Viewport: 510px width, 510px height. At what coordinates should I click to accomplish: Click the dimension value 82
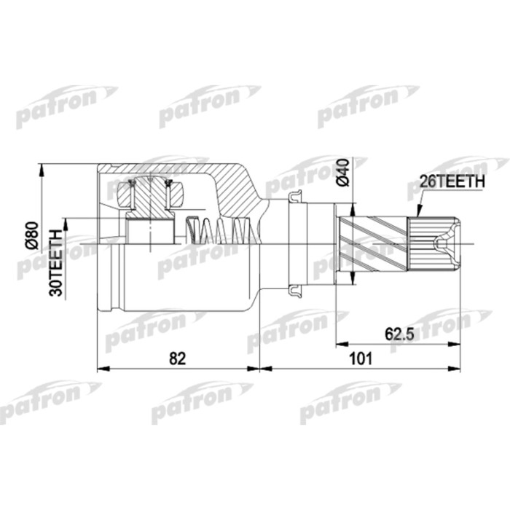pyautogui.click(x=178, y=358)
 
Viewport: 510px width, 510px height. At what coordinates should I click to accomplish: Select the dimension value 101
pyautogui.click(x=361, y=358)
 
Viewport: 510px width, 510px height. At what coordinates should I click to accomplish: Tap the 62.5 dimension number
pyautogui.click(x=399, y=334)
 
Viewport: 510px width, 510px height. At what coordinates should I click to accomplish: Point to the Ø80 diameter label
pyautogui.click(x=31, y=235)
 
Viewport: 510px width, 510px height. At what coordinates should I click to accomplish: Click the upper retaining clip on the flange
pyautogui.click(x=295, y=196)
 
